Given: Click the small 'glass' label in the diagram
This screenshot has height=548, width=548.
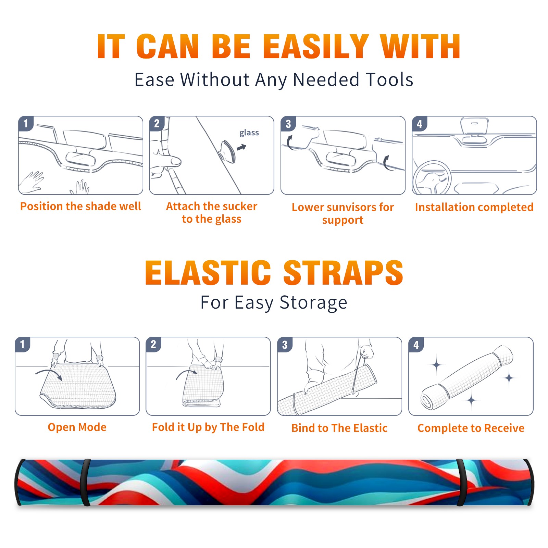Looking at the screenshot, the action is pyautogui.click(x=249, y=133).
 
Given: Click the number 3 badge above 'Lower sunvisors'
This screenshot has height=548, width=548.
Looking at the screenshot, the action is pyautogui.click(x=288, y=124).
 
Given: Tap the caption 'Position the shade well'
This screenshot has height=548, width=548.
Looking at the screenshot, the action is pyautogui.click(x=80, y=206).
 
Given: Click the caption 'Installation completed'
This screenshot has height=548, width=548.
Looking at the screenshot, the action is pyautogui.click(x=474, y=207).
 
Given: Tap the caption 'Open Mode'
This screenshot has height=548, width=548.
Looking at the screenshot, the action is pyautogui.click(x=77, y=427).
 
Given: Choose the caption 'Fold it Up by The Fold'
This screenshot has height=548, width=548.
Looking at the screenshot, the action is pyautogui.click(x=208, y=427).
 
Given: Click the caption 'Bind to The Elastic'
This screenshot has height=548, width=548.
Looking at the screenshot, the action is pyautogui.click(x=339, y=428).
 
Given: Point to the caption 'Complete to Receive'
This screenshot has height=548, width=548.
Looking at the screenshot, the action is pyautogui.click(x=471, y=428).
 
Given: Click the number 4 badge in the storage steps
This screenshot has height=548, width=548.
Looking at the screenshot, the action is pyautogui.click(x=416, y=345).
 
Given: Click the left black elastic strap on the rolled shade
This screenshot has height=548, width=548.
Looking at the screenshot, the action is pyautogui.click(x=85, y=482).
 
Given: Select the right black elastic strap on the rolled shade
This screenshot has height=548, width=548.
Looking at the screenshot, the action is pyautogui.click(x=461, y=482).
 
